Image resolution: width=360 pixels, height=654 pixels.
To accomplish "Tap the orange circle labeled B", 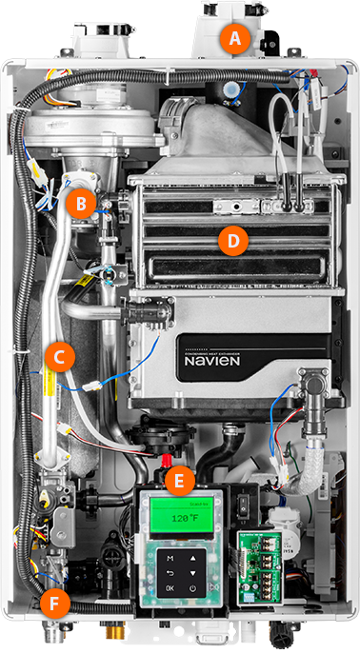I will click(x=83, y=202).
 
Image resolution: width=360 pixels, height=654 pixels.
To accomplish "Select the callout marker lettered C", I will click(x=59, y=357).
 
